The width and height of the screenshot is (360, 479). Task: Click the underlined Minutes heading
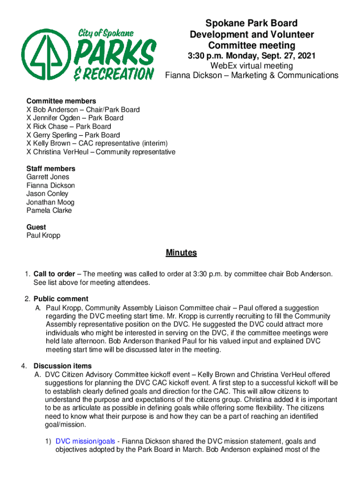181,253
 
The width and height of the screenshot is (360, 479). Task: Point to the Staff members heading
50,168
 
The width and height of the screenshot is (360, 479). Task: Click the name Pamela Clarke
49,210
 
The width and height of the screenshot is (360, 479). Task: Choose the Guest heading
36,227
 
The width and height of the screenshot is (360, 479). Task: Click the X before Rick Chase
29,126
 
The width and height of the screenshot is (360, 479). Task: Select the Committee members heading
61,101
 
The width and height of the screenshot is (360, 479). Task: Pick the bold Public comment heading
61,299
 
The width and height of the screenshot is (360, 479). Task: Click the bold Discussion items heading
63,366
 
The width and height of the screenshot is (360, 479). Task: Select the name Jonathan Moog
50,202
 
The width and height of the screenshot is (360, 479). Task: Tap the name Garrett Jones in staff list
48,177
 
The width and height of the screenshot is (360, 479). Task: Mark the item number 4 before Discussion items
29,366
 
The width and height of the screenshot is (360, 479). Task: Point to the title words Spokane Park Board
252,23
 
